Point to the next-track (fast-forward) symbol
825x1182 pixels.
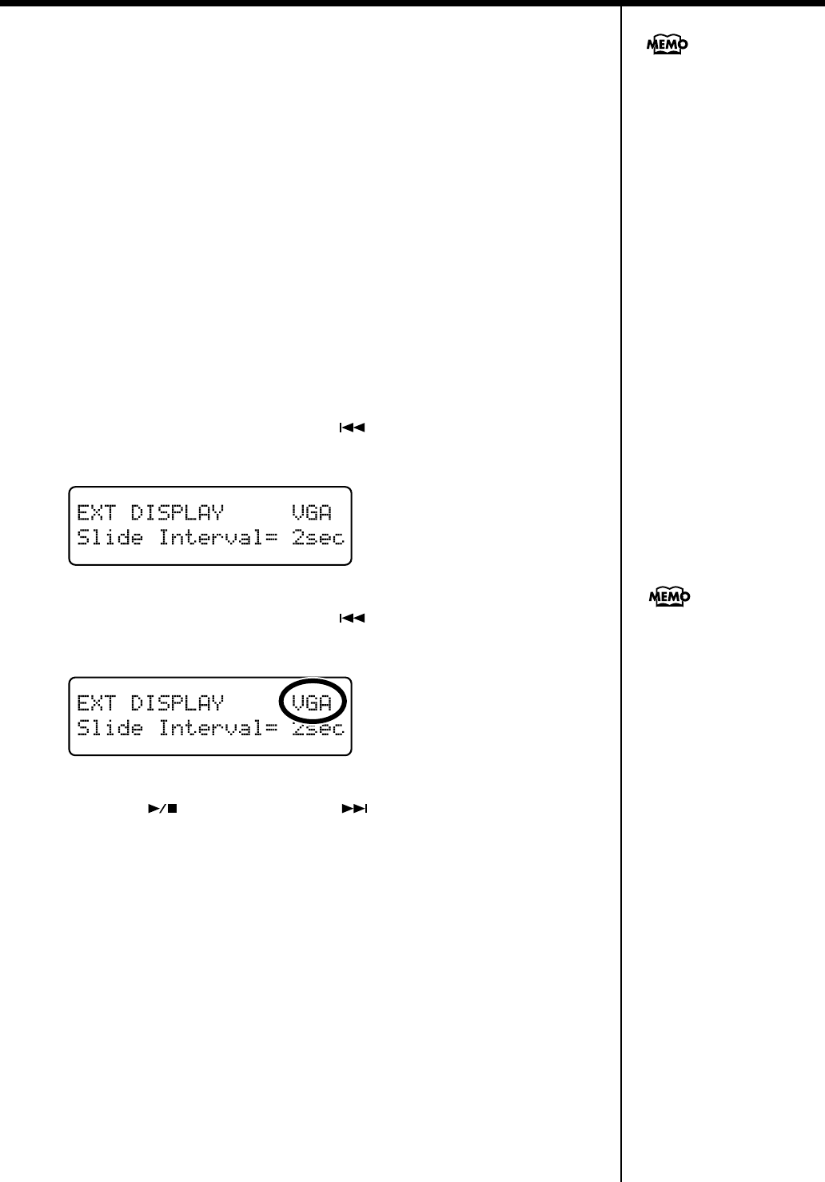point(354,809)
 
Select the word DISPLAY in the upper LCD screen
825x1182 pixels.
point(177,512)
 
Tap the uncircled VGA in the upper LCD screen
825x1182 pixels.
point(311,512)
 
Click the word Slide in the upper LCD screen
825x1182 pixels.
point(110,538)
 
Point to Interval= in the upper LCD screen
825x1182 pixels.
point(217,538)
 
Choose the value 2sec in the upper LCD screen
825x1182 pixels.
point(317,538)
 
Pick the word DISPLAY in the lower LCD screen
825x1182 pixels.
point(177,702)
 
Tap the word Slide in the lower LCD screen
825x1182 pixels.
point(110,728)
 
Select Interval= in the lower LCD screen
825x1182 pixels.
point(217,728)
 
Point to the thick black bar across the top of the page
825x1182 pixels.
point(412,3)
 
